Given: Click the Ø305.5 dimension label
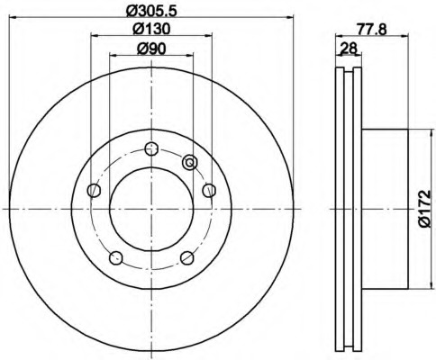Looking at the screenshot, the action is click(x=150, y=11).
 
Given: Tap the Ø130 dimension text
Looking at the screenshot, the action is click(x=151, y=29).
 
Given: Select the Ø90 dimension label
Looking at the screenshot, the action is click(x=151, y=49).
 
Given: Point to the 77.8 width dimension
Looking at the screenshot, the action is click(x=372, y=30).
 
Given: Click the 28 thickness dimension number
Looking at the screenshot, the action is click(x=349, y=49).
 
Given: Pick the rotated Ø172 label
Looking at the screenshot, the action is click(x=424, y=209).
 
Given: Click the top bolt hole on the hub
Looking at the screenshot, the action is click(x=151, y=148).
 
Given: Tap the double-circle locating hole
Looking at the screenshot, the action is click(x=190, y=163).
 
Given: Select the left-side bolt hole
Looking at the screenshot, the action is click(x=94, y=190).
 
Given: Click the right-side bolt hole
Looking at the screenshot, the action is click(x=209, y=190).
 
